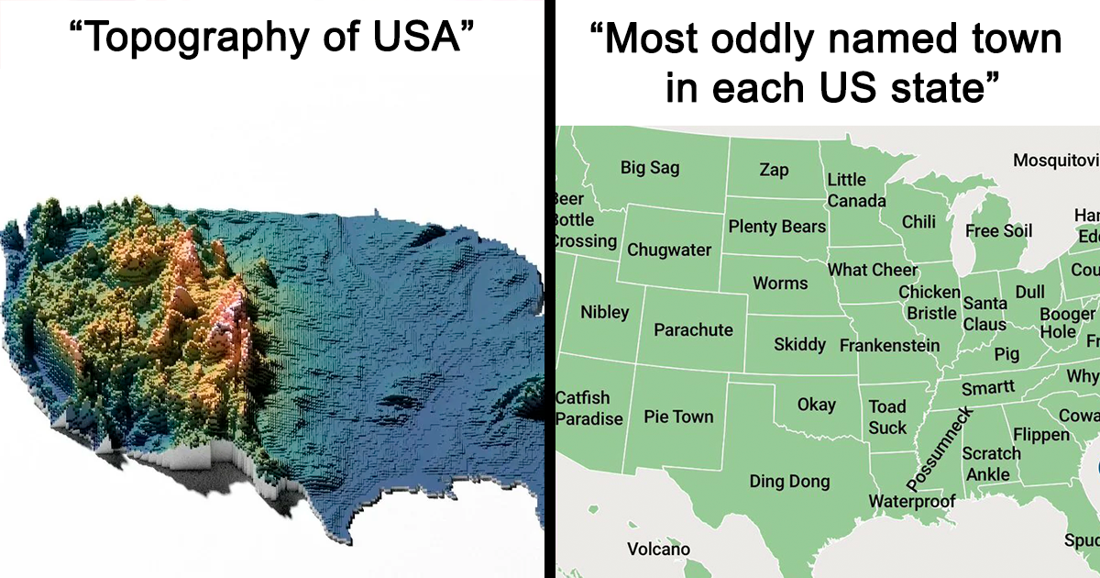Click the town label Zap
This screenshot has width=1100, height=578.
point(774,170)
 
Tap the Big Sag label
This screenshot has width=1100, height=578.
point(650,167)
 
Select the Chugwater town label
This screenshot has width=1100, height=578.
point(669,250)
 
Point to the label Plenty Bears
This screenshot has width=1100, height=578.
point(776,226)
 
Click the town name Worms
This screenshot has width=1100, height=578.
point(780,283)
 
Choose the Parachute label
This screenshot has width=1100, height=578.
point(693,329)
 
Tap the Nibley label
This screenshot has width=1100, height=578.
point(605,312)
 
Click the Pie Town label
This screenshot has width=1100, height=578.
point(678,417)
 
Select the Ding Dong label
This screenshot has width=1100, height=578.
point(789,481)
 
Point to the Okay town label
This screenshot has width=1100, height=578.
point(816,405)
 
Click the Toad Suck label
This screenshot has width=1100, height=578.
point(887,417)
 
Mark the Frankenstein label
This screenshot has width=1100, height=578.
point(889,346)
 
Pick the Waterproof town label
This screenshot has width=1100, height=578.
point(911,501)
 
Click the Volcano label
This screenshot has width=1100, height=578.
point(658,550)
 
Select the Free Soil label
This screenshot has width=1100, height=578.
point(998,230)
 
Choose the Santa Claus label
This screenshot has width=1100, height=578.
point(984,313)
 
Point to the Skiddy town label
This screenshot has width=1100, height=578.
point(799,345)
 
